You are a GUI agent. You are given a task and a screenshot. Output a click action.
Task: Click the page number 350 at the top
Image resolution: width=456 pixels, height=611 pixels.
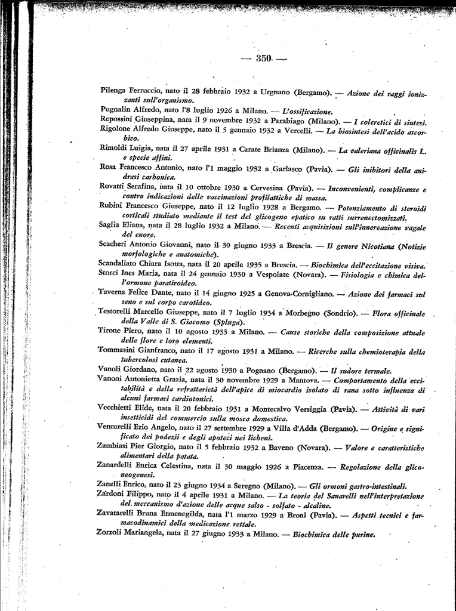(x=264, y=58)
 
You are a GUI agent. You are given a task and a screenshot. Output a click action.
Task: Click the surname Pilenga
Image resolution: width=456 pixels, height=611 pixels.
(x=115, y=91)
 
